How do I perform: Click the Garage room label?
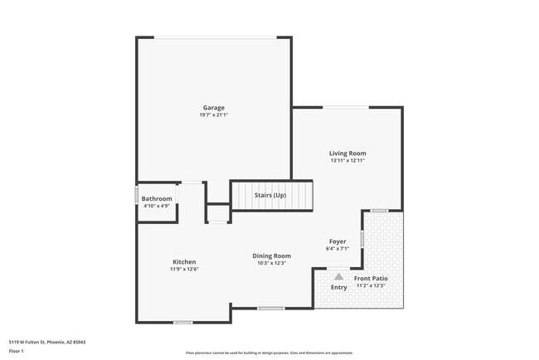214,107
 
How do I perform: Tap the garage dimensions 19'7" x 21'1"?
214,114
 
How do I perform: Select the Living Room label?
347,153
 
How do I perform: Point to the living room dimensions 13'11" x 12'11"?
347,161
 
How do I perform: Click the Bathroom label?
157,198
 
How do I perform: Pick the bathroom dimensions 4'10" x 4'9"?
157,206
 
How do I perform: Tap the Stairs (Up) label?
270,195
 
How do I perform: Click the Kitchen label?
184,262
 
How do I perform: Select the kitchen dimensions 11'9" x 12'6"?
184,270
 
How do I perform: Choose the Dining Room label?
271,255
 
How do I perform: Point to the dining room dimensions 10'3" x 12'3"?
271,263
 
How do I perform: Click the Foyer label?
338,241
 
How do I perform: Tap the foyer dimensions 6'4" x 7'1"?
338,248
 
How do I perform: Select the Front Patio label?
371,278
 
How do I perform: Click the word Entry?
339,287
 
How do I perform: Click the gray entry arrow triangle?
338,277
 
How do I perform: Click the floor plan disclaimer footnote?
269,353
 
